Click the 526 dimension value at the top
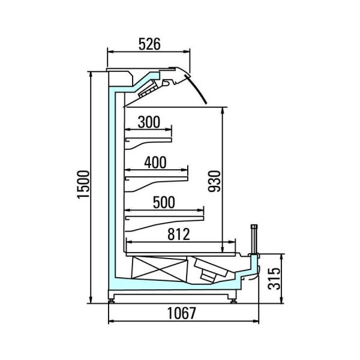click(x=149, y=44)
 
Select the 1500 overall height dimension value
click(x=83, y=184)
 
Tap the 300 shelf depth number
click(x=149, y=122)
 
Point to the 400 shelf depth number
click(x=155, y=163)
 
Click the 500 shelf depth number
click(x=164, y=202)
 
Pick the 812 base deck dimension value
click(x=179, y=234)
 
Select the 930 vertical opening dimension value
click(x=214, y=181)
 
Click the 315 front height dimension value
click(x=274, y=278)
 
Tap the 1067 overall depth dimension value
click(x=181, y=313)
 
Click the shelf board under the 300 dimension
click(x=148, y=140)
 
